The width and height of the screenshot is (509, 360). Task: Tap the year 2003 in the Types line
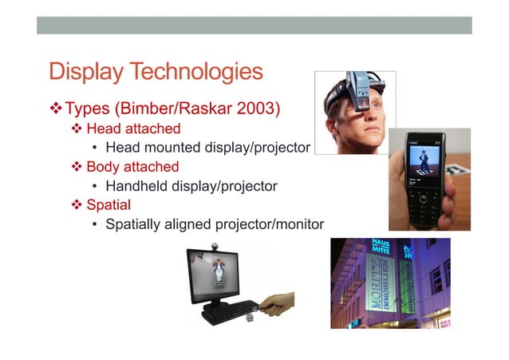(254, 107)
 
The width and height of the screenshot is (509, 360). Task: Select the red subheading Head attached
(133, 129)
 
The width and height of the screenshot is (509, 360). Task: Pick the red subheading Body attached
(132, 167)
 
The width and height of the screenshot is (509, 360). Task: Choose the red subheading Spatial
(109, 205)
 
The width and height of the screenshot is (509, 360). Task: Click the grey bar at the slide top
(254, 26)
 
